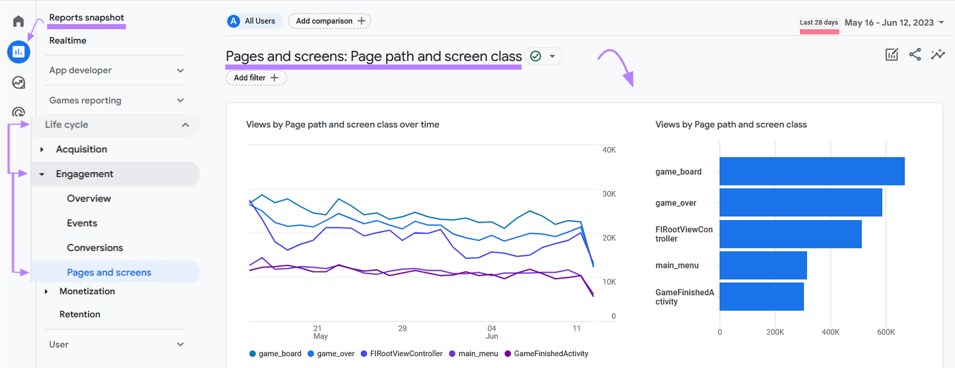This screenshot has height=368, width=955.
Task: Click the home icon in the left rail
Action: tap(19, 21)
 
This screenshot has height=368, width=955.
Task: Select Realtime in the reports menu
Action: tap(67, 41)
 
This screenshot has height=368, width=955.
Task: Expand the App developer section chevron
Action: tap(180, 70)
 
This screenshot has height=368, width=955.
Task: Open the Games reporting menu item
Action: tap(85, 100)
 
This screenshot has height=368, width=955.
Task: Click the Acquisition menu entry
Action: tap(81, 149)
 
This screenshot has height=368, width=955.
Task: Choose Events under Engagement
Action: tap(82, 223)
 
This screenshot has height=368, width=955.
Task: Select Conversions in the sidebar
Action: tap(95, 248)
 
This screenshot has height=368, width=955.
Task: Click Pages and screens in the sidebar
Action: tap(109, 272)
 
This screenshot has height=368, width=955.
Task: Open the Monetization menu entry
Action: tap(87, 291)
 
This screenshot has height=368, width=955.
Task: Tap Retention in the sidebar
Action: tap(79, 314)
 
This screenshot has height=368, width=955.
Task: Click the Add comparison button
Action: tap(329, 21)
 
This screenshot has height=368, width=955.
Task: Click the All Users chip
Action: tap(252, 21)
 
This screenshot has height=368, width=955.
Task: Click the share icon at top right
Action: tap(914, 54)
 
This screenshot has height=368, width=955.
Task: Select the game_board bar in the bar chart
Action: tap(812, 171)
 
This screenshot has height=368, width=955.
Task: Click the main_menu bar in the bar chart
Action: tap(763, 265)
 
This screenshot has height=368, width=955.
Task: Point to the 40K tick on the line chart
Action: tap(609, 150)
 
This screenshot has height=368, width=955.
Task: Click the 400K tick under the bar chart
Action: tap(830, 332)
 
